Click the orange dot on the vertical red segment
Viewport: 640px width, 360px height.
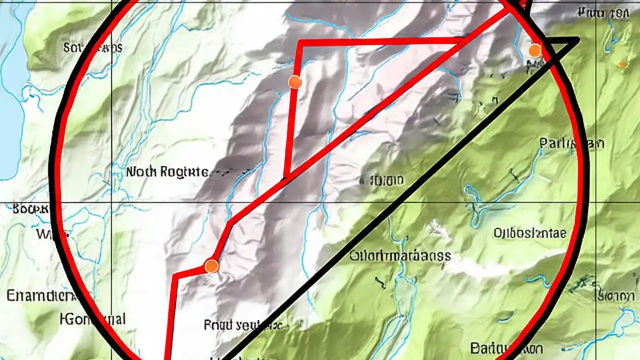coord(295,82)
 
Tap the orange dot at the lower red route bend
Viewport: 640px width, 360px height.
coord(211,266)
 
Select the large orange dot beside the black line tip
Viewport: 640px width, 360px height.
coord(534,50)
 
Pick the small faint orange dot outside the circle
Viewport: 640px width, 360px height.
coord(622,63)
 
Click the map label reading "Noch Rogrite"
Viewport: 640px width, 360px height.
coord(167,172)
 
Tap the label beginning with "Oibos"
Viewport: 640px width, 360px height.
coord(529,233)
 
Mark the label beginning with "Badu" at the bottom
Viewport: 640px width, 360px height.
coord(506,348)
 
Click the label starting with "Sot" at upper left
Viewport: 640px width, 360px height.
coord(92,47)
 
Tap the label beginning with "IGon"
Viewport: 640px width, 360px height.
coord(92,318)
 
